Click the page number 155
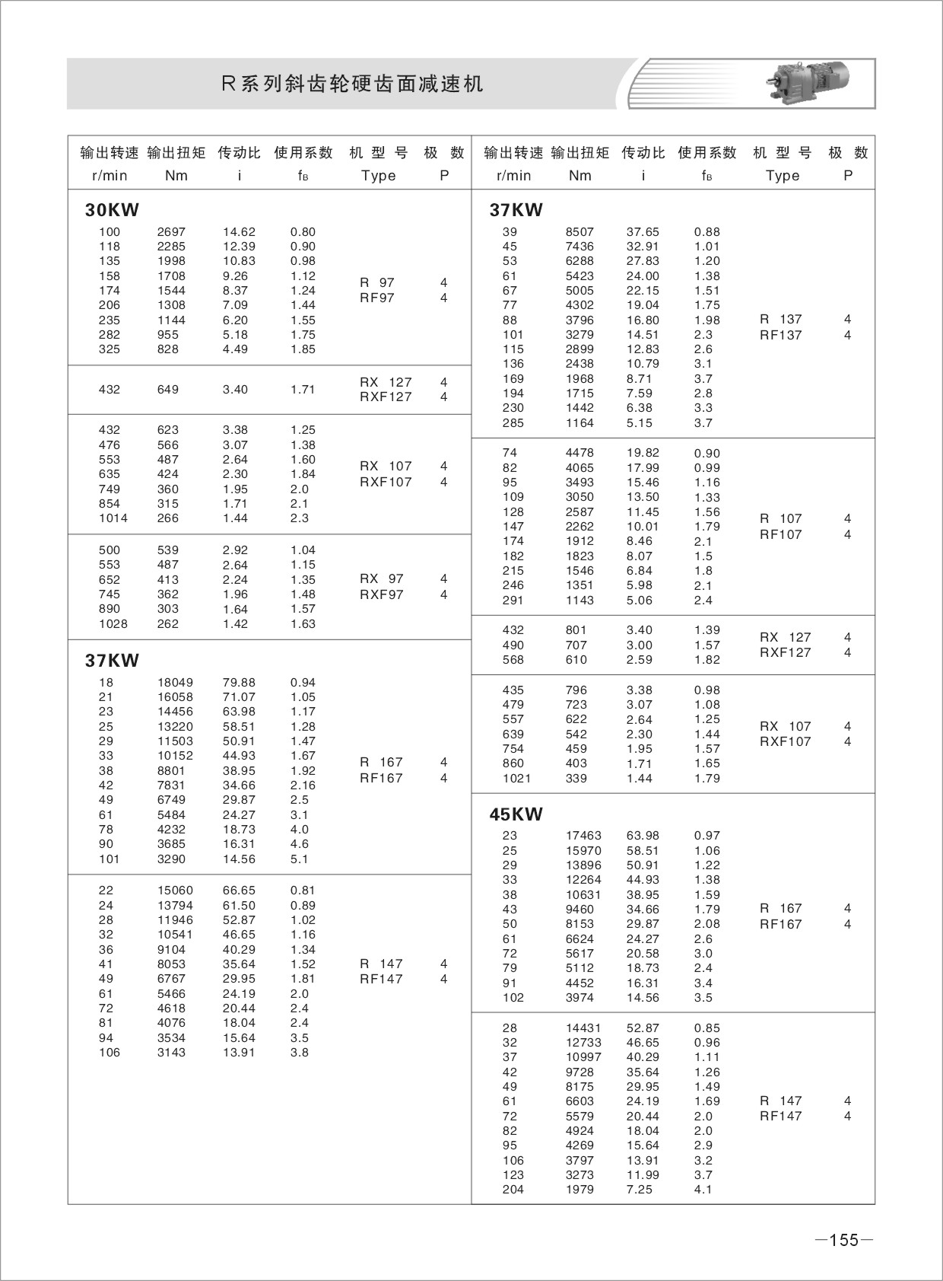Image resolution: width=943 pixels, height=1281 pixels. [x=843, y=1240]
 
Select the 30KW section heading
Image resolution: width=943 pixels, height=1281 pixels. [x=112, y=210]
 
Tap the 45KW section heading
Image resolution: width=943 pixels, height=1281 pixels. [x=516, y=814]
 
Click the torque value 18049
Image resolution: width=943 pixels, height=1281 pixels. [x=175, y=683]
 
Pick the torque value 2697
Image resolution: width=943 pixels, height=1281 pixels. [x=171, y=232]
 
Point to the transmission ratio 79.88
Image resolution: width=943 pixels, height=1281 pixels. [x=239, y=683]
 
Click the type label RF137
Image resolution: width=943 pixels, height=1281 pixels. [x=780, y=335]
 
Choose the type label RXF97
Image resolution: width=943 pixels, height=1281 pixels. [x=381, y=594]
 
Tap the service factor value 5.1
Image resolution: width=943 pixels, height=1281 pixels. [x=300, y=859]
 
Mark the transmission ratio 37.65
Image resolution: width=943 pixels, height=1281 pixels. [x=643, y=232]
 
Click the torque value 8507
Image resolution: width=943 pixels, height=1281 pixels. [x=579, y=232]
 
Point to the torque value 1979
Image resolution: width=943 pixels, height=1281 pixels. [x=579, y=1190]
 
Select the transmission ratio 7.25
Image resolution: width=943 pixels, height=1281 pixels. [x=639, y=1190]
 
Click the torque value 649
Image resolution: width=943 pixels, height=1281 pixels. [x=167, y=390]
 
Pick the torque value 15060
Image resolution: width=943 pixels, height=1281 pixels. [x=175, y=891]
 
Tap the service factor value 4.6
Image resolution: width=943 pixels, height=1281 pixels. [x=300, y=844]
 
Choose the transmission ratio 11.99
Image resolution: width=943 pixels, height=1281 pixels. [x=643, y=1175]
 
